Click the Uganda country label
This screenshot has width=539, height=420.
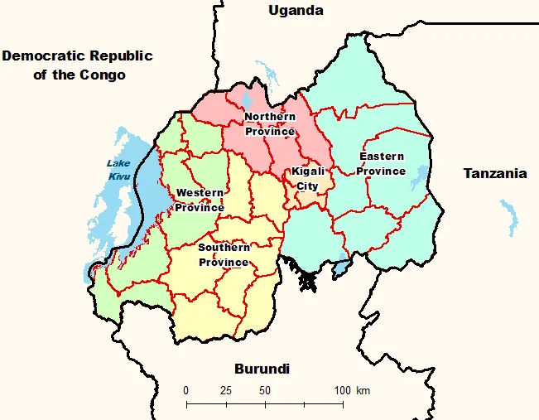[296, 11]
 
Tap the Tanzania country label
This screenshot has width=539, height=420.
[494, 173]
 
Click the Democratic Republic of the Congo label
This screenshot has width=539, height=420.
[78, 65]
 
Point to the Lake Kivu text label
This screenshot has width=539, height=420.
[119, 170]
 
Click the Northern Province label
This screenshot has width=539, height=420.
[270, 124]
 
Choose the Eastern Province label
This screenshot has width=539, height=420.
[381, 164]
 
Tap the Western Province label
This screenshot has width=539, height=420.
[200, 200]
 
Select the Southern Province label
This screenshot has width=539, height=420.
[224, 255]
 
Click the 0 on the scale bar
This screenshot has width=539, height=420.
[186, 390]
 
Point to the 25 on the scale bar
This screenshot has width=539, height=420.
[225, 390]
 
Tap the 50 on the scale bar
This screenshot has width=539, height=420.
[265, 390]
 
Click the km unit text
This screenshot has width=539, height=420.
[363, 390]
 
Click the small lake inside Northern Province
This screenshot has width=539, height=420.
[246, 102]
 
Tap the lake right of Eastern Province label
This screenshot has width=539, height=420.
[420, 177]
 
